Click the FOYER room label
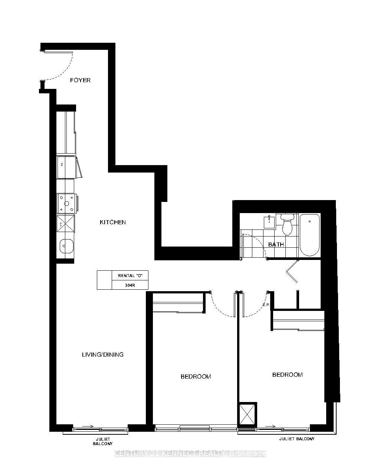80,80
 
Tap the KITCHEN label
113,222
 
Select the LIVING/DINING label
102,354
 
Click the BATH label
276,244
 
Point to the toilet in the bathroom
287,224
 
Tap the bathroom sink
269,222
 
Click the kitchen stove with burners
67,203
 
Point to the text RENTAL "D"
130,276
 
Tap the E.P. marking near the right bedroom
266,305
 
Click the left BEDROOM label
196,376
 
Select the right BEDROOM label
287,374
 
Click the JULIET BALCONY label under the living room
102,441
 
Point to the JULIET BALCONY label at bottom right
297,439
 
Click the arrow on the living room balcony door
88,426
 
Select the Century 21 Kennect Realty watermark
190,453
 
